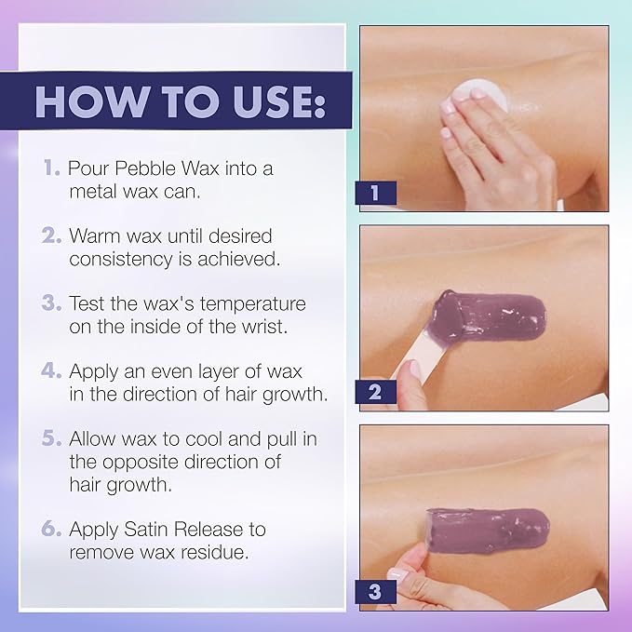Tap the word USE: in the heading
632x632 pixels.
tap(278, 101)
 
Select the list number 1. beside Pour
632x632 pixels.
tap(52, 168)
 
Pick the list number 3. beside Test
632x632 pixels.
tap(51, 303)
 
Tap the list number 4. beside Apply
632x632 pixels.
tap(51, 370)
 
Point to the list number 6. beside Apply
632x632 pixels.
tap(51, 529)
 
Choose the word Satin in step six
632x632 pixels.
tap(146, 530)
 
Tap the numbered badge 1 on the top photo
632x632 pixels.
tap(375, 193)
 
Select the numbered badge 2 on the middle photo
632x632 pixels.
tap(375, 392)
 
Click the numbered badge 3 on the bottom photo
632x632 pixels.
tap(375, 592)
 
